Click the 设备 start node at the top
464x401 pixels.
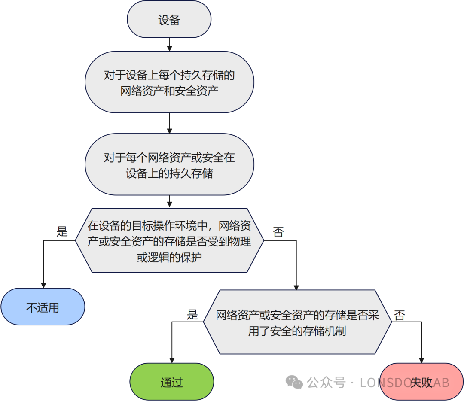169,20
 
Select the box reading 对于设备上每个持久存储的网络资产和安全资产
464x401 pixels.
169,82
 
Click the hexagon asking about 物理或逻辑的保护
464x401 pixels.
169,240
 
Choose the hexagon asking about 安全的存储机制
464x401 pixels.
297,322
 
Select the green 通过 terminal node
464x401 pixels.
172,382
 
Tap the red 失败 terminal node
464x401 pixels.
421,382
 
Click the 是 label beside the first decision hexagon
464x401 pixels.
62,232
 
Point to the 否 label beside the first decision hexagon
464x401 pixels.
278,232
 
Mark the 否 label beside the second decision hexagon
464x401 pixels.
400,316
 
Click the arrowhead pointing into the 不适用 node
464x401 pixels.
43,285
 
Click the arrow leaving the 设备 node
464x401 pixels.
169,44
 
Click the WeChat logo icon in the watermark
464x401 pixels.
295,382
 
